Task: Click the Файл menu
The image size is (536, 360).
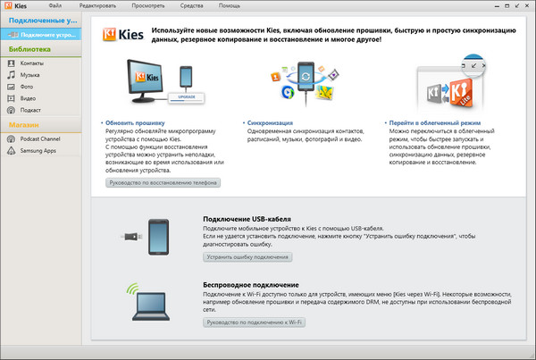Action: (55, 5)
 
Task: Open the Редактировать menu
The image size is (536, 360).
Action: (96, 5)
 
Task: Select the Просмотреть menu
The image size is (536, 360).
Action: (147, 5)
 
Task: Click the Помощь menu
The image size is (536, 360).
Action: (230, 5)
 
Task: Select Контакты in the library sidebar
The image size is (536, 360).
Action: (32, 63)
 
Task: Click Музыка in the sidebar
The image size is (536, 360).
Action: (30, 75)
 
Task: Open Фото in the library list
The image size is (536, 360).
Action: (28, 87)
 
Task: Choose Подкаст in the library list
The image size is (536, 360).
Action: (31, 110)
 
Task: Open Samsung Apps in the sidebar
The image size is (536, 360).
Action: (38, 150)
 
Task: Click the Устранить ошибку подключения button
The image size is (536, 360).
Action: (248, 256)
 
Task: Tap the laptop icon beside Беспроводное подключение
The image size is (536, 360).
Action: (157, 304)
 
